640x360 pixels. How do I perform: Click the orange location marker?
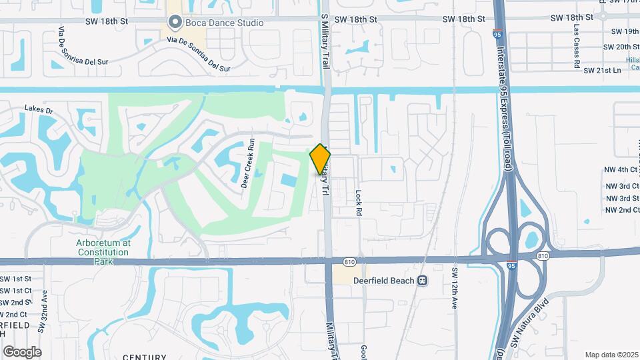click(x=321, y=159)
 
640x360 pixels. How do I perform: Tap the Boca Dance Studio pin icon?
click(x=175, y=23)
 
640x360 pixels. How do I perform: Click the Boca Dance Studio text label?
click(x=225, y=23)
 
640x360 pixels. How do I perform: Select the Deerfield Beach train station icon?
click(x=422, y=281)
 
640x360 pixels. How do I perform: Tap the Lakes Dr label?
click(x=39, y=108)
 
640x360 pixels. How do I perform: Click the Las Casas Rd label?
click(x=576, y=48)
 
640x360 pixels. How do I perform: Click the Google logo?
click(x=22, y=351)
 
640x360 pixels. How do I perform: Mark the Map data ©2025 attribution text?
click(x=611, y=355)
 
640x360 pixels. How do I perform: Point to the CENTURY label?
click(x=145, y=357)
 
